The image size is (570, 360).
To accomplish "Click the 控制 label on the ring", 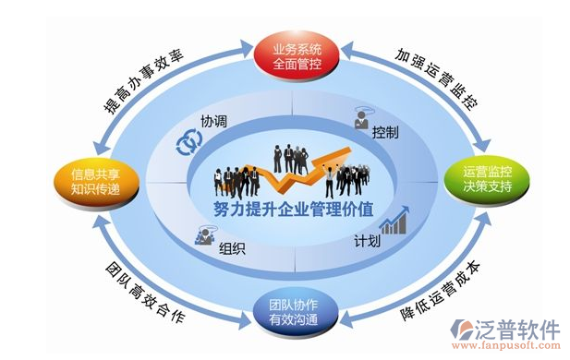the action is pos(385,133).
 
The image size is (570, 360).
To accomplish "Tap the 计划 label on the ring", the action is pos(367,243).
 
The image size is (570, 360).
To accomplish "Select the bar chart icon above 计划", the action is pos(395,222).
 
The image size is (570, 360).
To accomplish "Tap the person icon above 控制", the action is pos(362,118).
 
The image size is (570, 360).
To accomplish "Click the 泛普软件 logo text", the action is pos(517,330).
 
